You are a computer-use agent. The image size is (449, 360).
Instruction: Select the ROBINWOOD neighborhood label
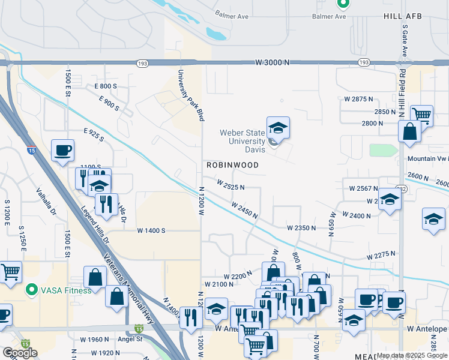pyautogui.click(x=232, y=165)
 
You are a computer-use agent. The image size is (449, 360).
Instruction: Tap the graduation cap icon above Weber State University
pyautogui.click(x=278, y=128)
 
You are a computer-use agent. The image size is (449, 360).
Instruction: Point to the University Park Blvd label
pyautogui.click(x=188, y=95)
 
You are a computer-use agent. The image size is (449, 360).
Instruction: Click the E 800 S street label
pyautogui.click(x=106, y=86)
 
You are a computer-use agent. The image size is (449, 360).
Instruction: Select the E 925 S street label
pyautogui.click(x=94, y=134)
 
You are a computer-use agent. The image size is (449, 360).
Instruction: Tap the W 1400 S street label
pyautogui.click(x=151, y=230)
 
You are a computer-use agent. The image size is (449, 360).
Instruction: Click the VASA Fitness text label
pyautogui.click(x=66, y=290)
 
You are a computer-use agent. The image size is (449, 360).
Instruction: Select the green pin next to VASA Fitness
pyautogui.click(x=32, y=290)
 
